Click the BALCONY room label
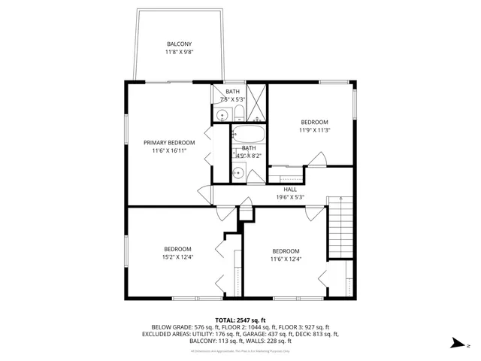pos(179,44)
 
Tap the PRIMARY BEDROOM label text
pos(169,143)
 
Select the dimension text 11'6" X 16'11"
pos(169,151)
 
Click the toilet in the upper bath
pos(238,114)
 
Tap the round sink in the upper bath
pos(222,114)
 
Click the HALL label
pos(290,190)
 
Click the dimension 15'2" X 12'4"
pos(178,258)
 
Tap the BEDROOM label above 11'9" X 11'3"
pos(315,122)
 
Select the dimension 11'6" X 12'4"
pos(286,259)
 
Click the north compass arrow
pos(456,343)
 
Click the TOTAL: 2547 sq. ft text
pos(240,320)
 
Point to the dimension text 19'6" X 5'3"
pos(290,198)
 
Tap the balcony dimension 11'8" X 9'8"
pos(179,53)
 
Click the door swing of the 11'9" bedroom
pos(318,159)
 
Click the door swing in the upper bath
pos(225,98)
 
